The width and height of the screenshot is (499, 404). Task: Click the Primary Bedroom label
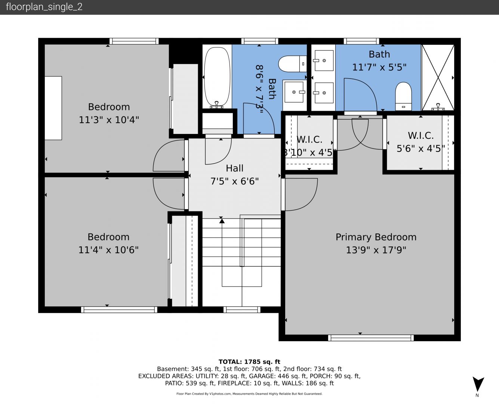(376, 237)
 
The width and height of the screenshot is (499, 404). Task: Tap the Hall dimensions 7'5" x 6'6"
(234, 181)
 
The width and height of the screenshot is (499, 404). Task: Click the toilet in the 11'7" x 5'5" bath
(403, 96)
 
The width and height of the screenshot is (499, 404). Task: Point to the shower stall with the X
(438, 77)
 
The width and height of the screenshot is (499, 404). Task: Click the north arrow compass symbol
(478, 385)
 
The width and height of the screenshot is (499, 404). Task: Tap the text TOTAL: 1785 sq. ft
(249, 362)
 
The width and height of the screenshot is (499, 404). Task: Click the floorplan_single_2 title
(44, 7)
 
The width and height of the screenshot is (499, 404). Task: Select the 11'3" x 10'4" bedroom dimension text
(109, 120)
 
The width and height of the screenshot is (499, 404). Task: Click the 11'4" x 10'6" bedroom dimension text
(108, 250)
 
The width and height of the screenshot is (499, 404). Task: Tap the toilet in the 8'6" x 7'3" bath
(292, 64)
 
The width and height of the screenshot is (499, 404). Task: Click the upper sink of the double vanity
(324, 61)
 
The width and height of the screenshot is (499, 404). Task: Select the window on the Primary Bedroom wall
(371, 338)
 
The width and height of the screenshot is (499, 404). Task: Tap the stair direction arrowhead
(222, 221)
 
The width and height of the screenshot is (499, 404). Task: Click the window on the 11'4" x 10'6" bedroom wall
(119, 310)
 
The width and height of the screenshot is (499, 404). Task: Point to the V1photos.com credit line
(249, 394)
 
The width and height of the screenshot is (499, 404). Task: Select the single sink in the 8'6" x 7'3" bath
(294, 92)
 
